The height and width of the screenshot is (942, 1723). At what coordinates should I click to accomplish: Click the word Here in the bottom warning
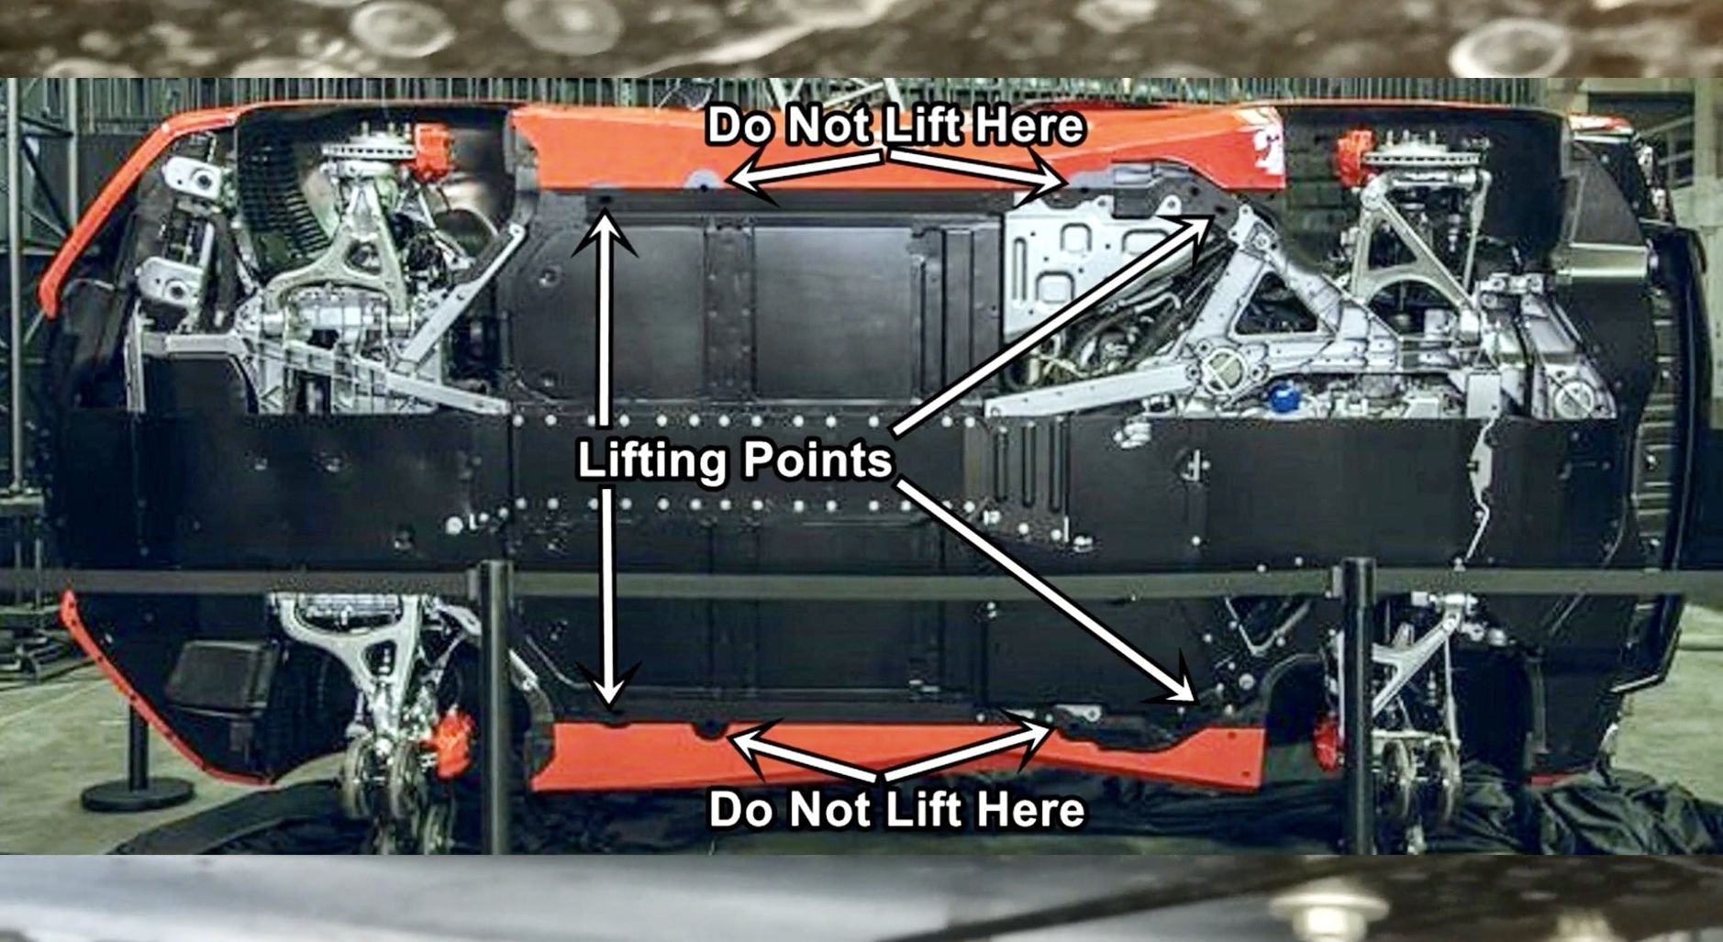coord(1029,810)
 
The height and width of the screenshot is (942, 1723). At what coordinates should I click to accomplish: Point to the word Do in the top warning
coord(739,126)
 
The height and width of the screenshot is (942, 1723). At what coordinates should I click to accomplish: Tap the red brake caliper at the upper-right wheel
coord(1352,151)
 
